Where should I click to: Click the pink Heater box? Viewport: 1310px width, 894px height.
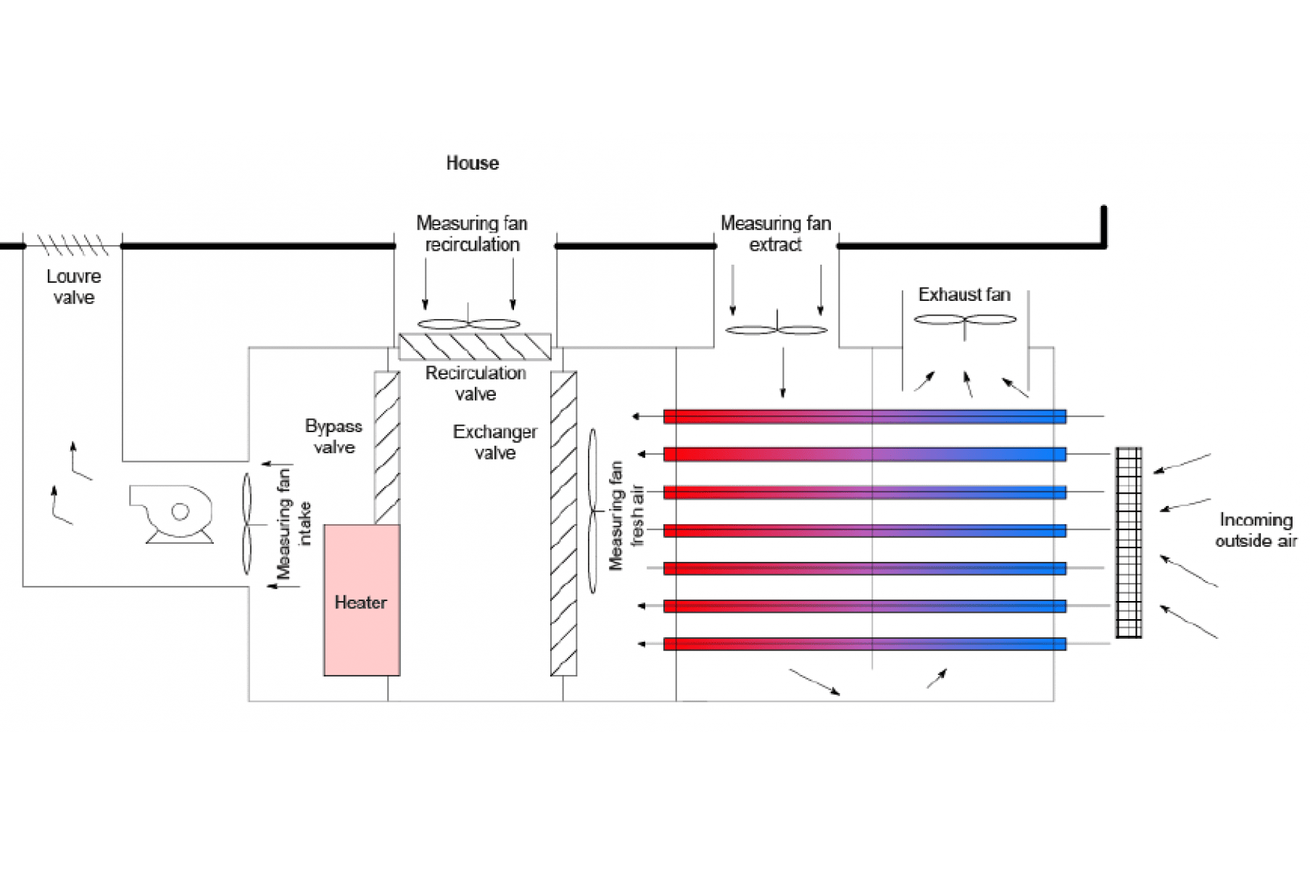(361, 600)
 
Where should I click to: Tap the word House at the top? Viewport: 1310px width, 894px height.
(472, 163)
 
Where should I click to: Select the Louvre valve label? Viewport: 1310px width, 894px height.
(73, 287)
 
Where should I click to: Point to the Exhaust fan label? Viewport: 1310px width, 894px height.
(963, 294)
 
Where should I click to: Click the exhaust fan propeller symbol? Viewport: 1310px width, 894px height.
(965, 319)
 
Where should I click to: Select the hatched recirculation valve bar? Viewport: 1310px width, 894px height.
(475, 347)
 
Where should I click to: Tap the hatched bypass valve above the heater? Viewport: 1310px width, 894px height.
(386, 447)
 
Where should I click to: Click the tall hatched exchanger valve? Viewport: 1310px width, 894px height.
(563, 523)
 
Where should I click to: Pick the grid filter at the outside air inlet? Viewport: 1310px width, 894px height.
(1128, 542)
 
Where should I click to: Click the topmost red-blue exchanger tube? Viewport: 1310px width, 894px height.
(864, 416)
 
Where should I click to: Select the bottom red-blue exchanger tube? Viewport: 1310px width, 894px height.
(864, 644)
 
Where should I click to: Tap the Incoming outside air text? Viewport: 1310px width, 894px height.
(1256, 530)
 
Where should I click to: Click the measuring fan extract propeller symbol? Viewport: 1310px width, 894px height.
(776, 330)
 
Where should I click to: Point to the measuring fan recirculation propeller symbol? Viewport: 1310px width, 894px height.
(468, 323)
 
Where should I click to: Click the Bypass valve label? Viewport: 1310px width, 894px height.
(333, 436)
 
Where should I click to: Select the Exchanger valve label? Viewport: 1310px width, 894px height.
(494, 442)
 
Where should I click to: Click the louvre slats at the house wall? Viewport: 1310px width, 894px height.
(72, 245)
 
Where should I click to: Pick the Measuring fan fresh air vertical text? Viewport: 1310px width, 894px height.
(626, 516)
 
